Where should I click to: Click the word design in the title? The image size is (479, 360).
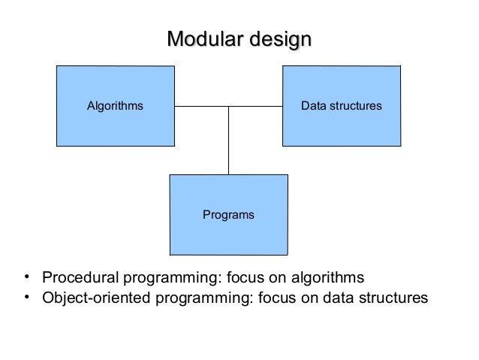(x=277, y=38)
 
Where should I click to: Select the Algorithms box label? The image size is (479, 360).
(x=115, y=106)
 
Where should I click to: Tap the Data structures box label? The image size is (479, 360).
(x=342, y=106)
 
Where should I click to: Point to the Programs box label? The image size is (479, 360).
(x=228, y=215)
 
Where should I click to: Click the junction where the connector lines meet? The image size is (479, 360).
(x=228, y=106)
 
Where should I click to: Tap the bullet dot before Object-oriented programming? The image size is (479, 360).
(x=26, y=298)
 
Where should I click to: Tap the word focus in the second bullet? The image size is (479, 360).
(x=276, y=299)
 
